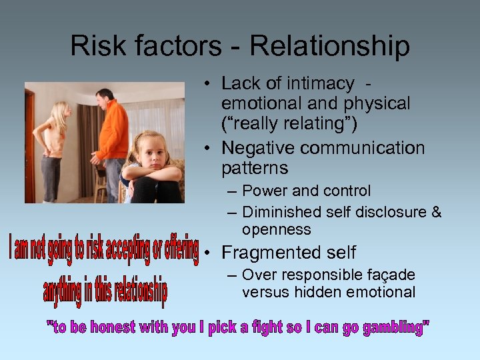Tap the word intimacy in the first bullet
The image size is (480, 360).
tap(323, 83)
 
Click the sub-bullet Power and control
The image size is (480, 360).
tap(306, 191)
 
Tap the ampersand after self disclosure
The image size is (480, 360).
tap(436, 212)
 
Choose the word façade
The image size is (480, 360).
tap(391, 275)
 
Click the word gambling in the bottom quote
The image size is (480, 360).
tap(392, 328)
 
